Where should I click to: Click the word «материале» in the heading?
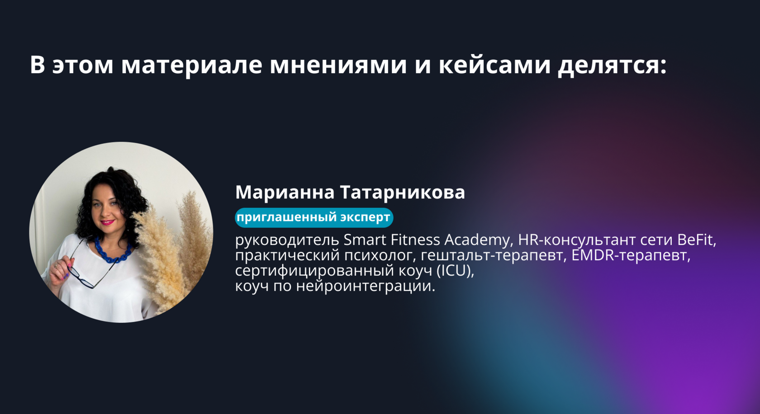(x=192, y=66)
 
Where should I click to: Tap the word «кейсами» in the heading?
(x=494, y=65)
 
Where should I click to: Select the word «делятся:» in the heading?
(x=613, y=66)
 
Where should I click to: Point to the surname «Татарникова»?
(x=403, y=192)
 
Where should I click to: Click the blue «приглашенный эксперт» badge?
(x=314, y=217)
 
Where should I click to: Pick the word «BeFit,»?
(x=697, y=240)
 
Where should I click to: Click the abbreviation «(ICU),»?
(x=455, y=271)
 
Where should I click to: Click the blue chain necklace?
(x=113, y=252)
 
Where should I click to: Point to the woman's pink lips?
(x=107, y=222)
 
